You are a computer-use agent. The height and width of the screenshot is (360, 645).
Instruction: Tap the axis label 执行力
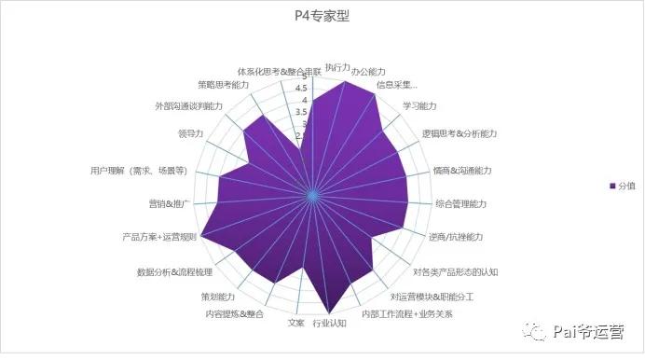pos(337,68)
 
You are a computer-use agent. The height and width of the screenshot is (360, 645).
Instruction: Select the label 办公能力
pos(378,73)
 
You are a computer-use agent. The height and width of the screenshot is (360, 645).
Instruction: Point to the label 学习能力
pos(419,105)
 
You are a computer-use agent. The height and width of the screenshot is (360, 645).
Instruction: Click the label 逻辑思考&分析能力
pos(460,134)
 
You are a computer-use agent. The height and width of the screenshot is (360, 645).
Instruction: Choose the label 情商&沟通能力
pos(462,171)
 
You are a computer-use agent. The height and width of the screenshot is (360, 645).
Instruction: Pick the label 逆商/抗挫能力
pos(456,238)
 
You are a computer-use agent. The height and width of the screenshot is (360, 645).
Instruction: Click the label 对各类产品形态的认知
pos(456,272)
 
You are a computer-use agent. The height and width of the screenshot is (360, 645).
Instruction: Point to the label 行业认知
pos(329,324)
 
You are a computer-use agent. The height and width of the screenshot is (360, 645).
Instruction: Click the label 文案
pos(295,323)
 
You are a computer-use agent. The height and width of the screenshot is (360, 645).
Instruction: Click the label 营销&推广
pos(169,203)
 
